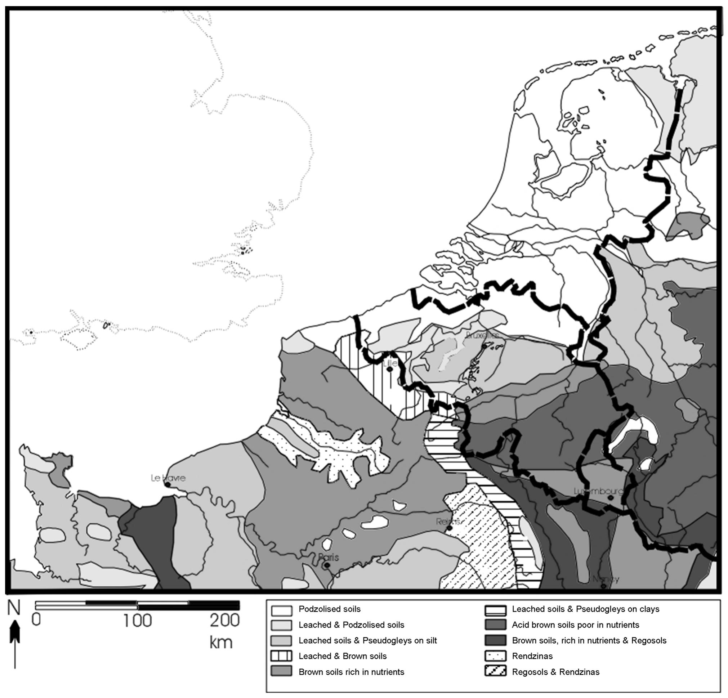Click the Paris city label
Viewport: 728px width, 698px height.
[x=329, y=557]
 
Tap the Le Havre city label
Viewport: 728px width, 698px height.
[x=168, y=478]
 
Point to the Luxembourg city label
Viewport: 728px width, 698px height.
[x=598, y=491]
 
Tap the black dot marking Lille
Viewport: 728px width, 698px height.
[x=389, y=369]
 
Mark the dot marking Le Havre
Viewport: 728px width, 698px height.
[x=168, y=484]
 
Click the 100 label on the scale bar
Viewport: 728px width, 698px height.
[x=138, y=621]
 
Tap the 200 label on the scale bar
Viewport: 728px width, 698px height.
[x=224, y=621]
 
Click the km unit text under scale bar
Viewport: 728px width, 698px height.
[x=221, y=642]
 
